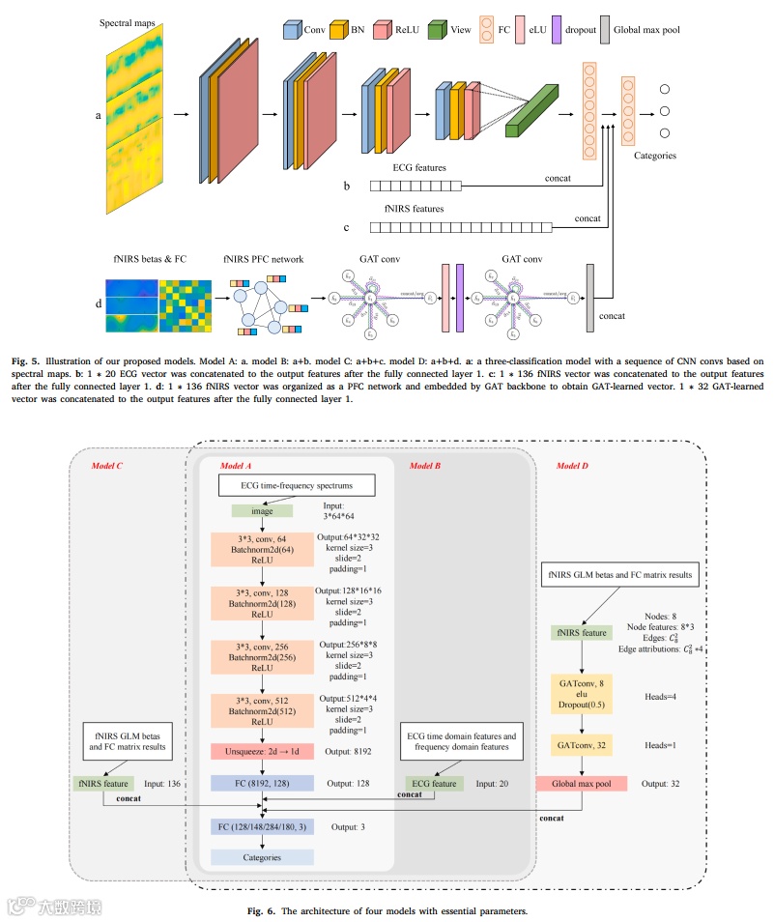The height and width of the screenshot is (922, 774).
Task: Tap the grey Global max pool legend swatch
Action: tap(605, 29)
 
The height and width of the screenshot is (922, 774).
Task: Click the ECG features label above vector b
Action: tap(419, 167)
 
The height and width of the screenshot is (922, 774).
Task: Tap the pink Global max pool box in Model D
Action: tap(581, 783)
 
